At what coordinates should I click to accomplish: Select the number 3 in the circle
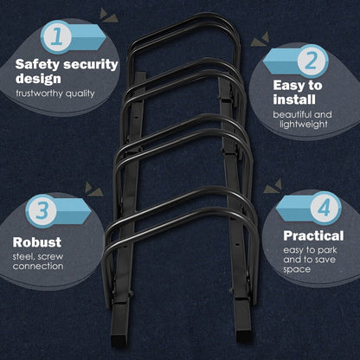[x=41, y=211]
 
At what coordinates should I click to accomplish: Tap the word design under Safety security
[x=38, y=79]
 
